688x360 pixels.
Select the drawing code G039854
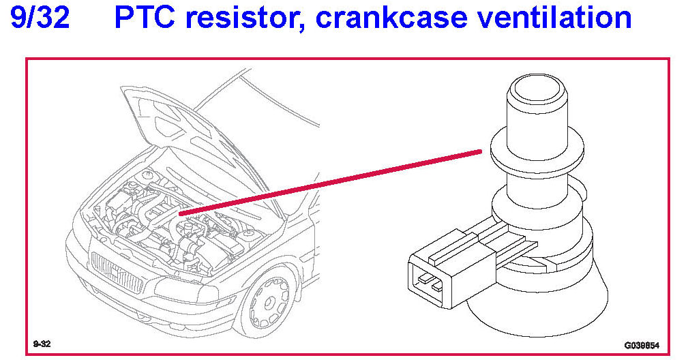coord(641,345)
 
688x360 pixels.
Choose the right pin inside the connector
coord(437,286)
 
